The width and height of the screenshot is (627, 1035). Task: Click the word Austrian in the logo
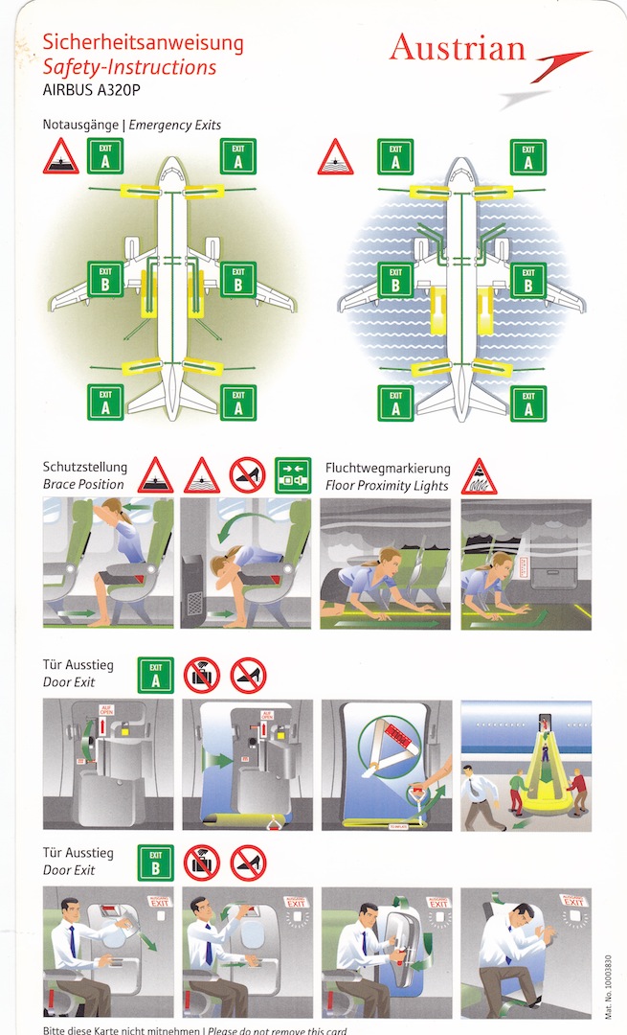pos(458,49)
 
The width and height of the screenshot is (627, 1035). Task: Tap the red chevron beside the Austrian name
pos(561,66)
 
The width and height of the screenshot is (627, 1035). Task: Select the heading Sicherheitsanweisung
pos(144,43)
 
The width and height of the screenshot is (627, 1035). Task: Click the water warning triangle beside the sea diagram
pos(335,156)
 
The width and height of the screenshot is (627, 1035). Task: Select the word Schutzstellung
pos(85,468)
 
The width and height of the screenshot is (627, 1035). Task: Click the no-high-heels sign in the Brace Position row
pos(246,474)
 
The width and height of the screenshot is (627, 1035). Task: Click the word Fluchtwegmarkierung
pos(387,468)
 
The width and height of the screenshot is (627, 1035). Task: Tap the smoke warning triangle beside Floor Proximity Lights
pos(479,475)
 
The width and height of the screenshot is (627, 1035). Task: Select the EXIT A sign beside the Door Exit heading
pos(155,675)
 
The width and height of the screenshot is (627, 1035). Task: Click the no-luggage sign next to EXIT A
pos(201,675)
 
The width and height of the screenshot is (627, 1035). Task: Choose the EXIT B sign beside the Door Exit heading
pos(155,862)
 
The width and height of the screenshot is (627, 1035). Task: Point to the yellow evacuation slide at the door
pos(538,786)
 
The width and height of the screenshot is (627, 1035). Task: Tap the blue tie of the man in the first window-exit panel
pos(72,944)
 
